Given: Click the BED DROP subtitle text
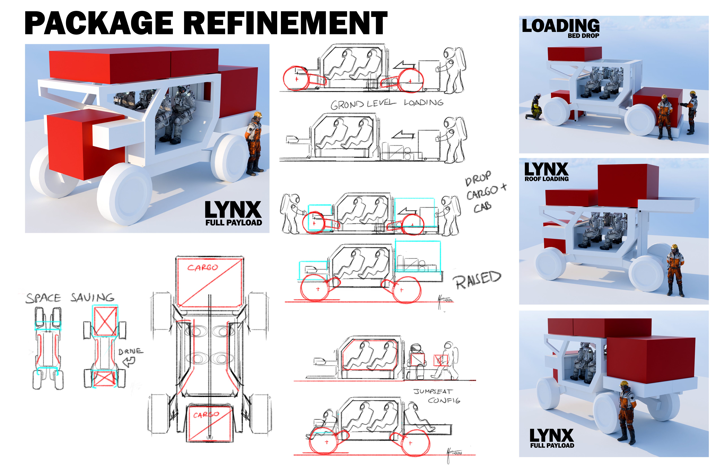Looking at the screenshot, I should coord(583,36).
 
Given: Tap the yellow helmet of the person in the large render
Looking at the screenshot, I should coord(258,114).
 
